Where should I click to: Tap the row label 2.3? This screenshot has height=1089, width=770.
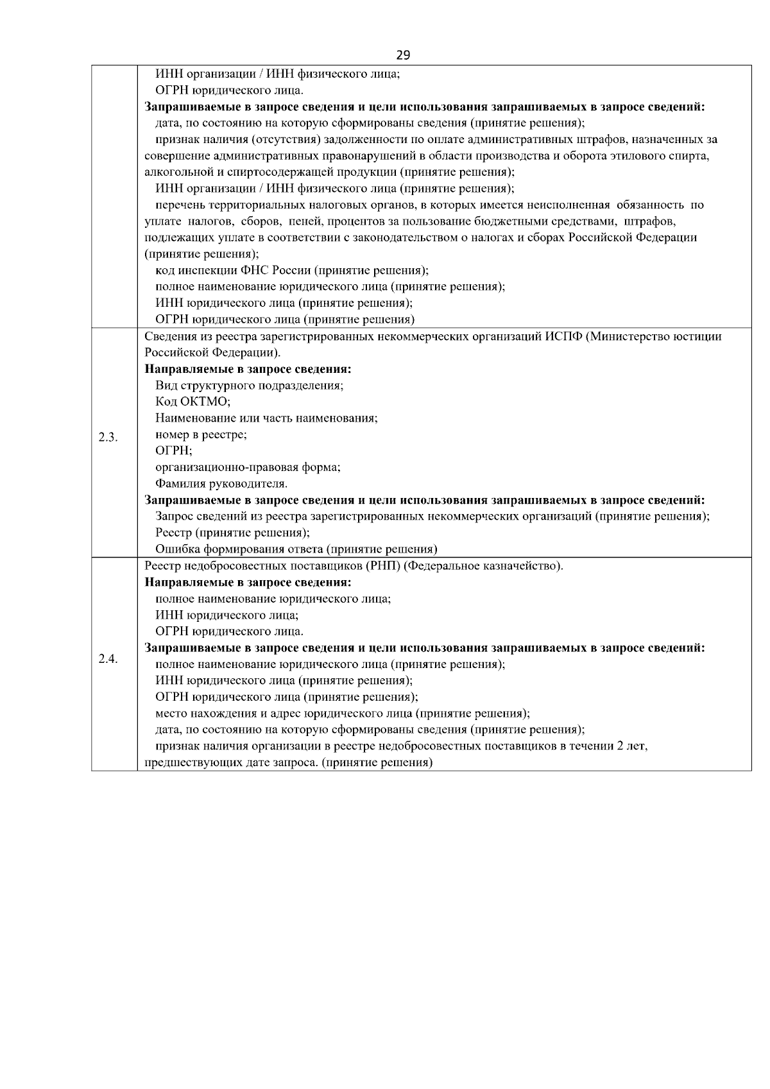(108, 438)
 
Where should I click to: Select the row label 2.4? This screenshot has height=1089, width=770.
(108, 660)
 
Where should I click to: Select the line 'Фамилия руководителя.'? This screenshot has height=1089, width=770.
(221, 483)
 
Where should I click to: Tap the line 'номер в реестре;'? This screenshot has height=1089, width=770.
(201, 434)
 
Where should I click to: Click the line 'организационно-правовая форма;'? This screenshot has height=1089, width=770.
(248, 467)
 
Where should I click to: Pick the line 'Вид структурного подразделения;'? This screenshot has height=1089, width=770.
(250, 386)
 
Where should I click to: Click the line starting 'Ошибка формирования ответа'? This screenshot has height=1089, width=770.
(296, 549)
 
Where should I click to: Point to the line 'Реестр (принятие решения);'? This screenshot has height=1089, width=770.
(233, 533)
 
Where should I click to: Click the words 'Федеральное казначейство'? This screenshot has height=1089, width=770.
(485, 566)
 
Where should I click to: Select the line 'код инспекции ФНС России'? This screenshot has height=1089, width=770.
(292, 270)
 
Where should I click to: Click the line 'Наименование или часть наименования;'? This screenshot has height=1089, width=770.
(266, 418)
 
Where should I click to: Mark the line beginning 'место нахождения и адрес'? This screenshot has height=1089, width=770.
(342, 714)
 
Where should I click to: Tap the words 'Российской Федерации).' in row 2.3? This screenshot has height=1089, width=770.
(212, 353)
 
